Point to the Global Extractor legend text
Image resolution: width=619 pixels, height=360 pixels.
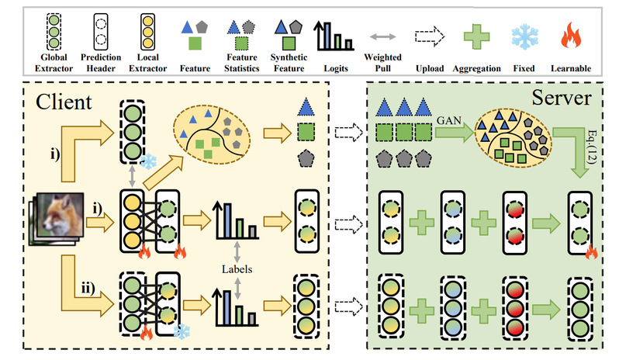(51, 63)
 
